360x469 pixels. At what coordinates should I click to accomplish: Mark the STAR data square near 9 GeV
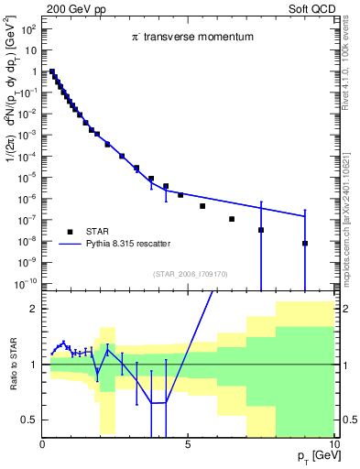pyautogui.click(x=305, y=244)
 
